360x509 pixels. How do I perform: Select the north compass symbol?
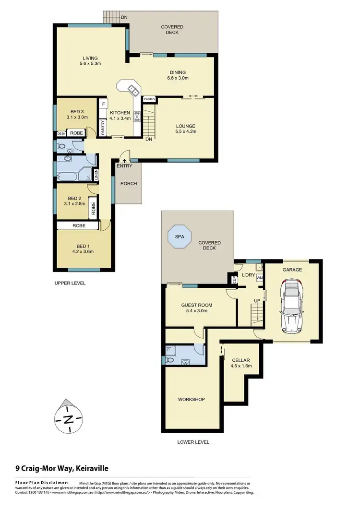pyautogui.click(x=69, y=418)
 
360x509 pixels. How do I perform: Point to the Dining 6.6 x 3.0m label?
pyautogui.click(x=177, y=75)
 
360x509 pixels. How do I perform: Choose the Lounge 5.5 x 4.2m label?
pyautogui.click(x=185, y=129)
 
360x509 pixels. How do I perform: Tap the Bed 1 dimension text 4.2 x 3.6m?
pyautogui.click(x=83, y=251)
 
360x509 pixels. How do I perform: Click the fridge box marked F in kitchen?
pyautogui.click(x=103, y=103)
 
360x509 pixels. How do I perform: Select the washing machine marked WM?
pyautogui.click(x=260, y=278)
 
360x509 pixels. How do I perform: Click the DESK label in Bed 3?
pyautogui.click(x=61, y=133)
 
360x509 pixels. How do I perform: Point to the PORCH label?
pyautogui.click(x=128, y=183)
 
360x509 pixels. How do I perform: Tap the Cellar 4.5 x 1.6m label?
pyautogui.click(x=241, y=363)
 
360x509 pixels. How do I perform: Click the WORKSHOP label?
pyautogui.click(x=192, y=399)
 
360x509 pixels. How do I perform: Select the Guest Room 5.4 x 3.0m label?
pyautogui.click(x=196, y=308)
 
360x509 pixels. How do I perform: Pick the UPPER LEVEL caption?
pyautogui.click(x=70, y=283)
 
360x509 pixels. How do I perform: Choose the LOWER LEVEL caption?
pyautogui.click(x=193, y=442)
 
